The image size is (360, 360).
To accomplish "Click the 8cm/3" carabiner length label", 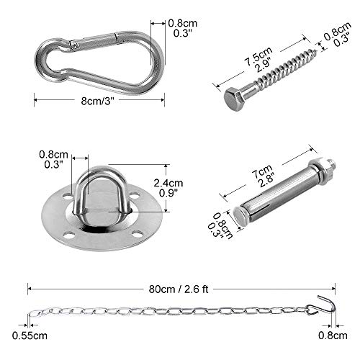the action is tap(97, 101).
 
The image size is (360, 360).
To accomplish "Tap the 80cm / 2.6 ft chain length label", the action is tap(179, 289).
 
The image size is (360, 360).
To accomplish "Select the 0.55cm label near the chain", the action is tap(30, 336).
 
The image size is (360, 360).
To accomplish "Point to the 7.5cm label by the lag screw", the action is tap(258, 57).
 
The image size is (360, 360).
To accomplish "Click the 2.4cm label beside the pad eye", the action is tap(168, 183).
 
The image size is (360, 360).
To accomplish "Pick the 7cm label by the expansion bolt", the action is tap(263, 171).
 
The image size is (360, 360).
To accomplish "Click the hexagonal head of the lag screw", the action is tap(233, 99).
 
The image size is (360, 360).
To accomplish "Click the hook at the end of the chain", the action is tap(324, 305).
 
